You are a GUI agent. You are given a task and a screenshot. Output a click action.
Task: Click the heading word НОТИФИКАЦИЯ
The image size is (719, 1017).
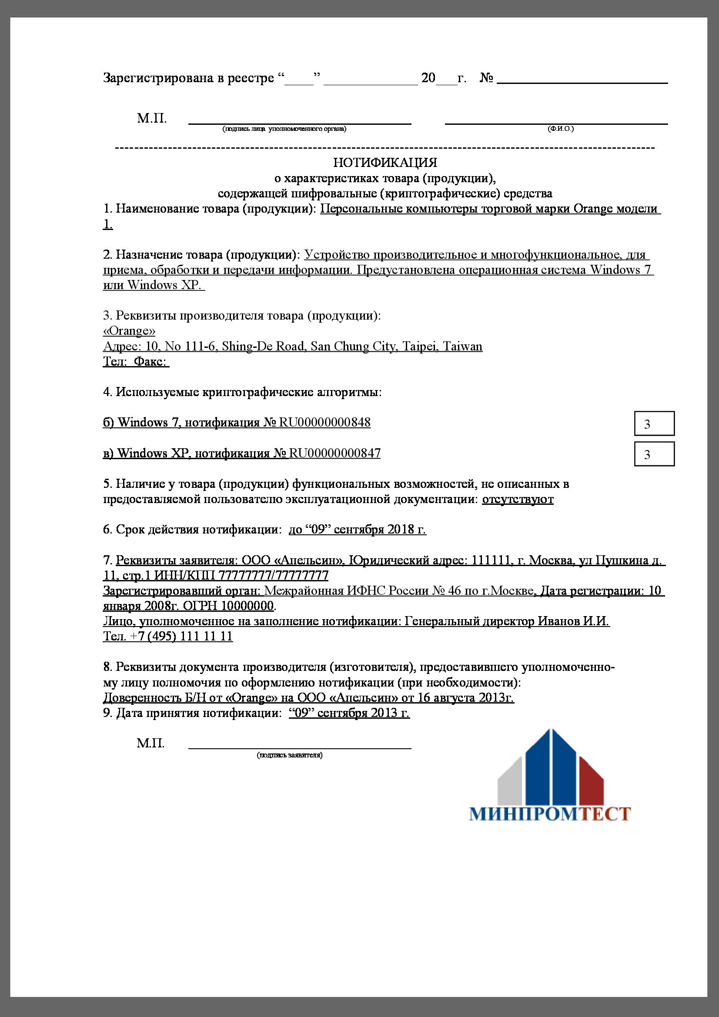[385, 163]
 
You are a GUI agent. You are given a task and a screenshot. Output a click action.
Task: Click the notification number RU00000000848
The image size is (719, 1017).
[325, 422]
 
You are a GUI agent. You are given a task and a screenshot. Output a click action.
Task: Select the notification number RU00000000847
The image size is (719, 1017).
[335, 453]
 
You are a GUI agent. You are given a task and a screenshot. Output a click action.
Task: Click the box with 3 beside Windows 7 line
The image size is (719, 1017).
[654, 423]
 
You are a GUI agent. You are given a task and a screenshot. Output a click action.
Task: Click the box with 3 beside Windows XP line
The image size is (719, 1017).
[654, 454]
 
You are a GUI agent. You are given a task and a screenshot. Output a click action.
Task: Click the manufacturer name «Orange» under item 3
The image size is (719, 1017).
[129, 331]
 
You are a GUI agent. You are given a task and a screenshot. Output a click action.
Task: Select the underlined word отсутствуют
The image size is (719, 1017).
[518, 499]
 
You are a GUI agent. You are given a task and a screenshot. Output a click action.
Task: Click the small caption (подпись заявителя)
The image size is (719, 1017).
[289, 755]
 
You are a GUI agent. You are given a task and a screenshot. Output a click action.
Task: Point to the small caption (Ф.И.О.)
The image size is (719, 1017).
[560, 129]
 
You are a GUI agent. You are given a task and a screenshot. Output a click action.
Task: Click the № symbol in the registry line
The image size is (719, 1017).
[487, 78]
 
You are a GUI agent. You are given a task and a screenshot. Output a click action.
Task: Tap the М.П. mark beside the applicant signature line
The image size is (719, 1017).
[150, 743]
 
